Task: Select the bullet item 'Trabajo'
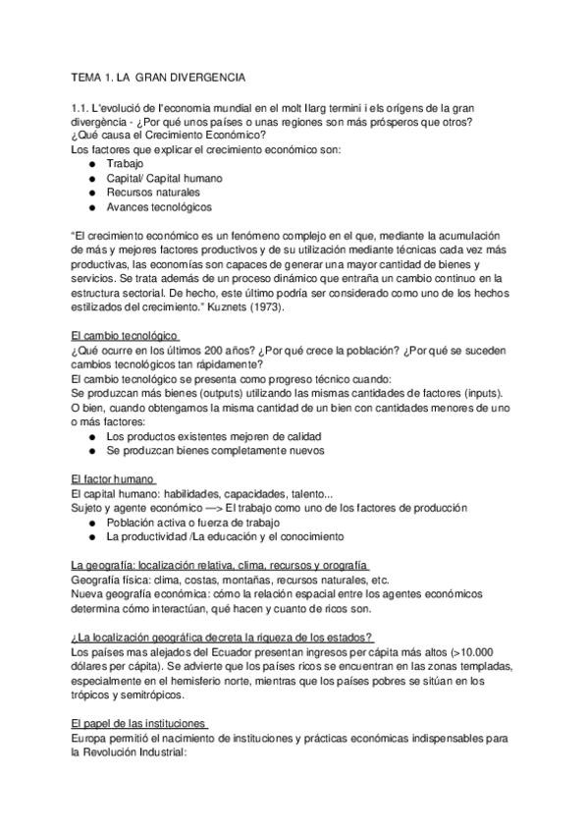click(x=125, y=164)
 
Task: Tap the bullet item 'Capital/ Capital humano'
click(x=164, y=179)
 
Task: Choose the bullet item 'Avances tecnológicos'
click(x=159, y=207)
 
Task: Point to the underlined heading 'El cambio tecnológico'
click(x=125, y=336)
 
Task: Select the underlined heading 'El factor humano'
click(x=114, y=478)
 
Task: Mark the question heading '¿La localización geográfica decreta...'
click(x=222, y=636)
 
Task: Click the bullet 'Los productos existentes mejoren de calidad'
click(x=214, y=435)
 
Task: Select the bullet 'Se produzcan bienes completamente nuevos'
click(x=215, y=450)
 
